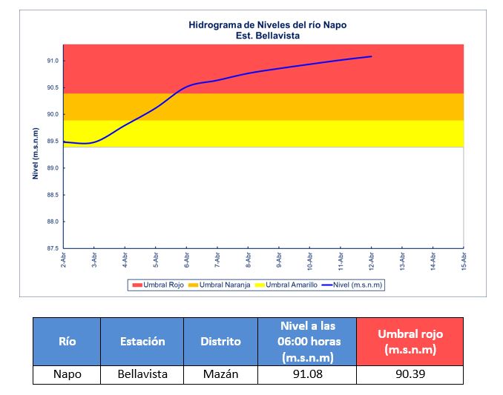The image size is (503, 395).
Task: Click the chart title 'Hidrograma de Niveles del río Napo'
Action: click(267, 24)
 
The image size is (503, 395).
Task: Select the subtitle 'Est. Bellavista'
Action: click(267, 35)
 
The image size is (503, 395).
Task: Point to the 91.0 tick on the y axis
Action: click(53, 61)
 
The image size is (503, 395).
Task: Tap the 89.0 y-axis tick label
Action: click(53, 168)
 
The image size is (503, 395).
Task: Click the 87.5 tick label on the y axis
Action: click(53, 248)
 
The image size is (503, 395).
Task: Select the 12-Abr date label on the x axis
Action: click(371, 260)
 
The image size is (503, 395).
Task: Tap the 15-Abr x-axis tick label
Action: click(464, 260)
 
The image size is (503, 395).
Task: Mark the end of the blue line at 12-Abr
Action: click(371, 56)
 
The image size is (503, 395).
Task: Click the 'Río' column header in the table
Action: click(67, 342)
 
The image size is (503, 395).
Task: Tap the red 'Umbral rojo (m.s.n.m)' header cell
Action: click(410, 342)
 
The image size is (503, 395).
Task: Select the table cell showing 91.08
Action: click(306, 374)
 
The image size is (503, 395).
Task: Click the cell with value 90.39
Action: click(410, 374)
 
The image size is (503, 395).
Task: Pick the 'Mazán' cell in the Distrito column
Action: click(220, 374)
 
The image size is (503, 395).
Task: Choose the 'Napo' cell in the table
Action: click(67, 374)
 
